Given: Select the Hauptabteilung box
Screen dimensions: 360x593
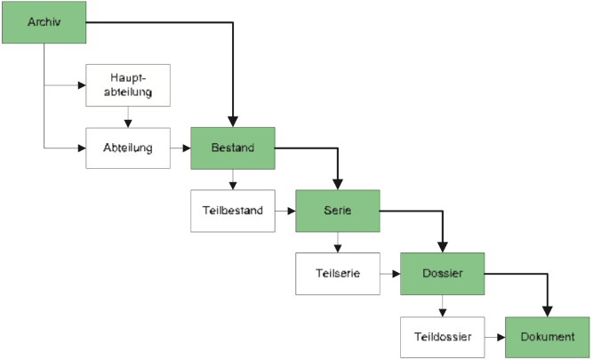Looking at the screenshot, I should pos(127,84).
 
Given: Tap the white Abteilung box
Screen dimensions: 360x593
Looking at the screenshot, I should pos(127,148).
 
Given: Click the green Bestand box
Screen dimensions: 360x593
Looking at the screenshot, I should pos(233,148).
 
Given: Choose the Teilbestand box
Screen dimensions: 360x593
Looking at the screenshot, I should pos(233,211).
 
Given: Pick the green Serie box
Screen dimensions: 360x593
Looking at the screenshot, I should pos(338,211).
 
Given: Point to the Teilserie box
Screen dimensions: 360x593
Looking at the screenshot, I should pos(338,274).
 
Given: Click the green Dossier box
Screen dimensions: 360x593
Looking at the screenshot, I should pos(443,274).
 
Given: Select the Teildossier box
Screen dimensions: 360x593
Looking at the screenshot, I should pos(442,337).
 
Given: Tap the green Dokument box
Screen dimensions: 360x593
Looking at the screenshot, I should pos(548,337).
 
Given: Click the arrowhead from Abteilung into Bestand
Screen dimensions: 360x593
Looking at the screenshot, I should pos(185,148).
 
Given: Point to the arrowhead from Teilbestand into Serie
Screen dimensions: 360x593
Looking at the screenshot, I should pos(291,212).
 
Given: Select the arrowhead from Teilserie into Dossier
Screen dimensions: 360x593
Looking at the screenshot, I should pos(396,274).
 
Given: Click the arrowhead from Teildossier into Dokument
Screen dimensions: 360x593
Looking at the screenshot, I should pos(501,338).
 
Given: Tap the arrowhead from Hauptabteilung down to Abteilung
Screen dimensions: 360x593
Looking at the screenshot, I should pos(128,123).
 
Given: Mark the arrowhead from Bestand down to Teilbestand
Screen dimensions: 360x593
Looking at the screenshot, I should pos(233,186).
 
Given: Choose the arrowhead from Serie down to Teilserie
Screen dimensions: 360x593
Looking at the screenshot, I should pos(338,249).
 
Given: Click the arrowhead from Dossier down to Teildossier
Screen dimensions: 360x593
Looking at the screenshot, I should pos(443,312).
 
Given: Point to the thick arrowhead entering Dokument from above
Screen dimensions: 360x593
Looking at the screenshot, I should pos(548,310).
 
